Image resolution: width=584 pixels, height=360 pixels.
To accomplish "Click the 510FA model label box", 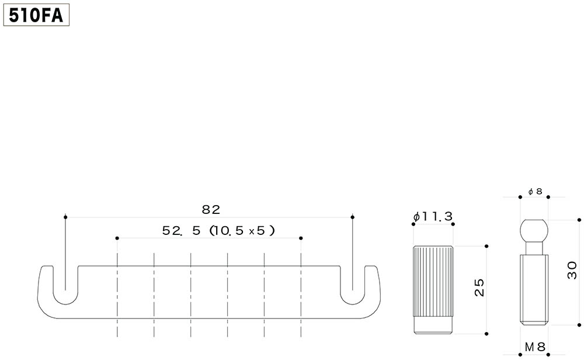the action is tap(36, 16).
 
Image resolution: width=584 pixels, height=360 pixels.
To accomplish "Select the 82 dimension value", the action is tap(211, 210).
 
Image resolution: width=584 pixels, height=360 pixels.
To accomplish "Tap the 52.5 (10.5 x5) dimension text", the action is tap(218, 231).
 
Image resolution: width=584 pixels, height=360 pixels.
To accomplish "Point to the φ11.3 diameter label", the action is tap(433, 216).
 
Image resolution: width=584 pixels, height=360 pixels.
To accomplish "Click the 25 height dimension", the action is tap(479, 288).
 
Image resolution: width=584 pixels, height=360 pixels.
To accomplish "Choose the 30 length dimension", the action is tap(572, 270).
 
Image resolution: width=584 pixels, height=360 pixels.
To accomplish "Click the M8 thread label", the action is tap(535, 347).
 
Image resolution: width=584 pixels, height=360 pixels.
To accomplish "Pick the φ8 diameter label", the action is tap(535, 192).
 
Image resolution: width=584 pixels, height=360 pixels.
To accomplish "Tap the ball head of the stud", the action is tap(534, 231).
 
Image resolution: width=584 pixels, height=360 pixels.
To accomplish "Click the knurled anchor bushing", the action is tap(433, 289).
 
